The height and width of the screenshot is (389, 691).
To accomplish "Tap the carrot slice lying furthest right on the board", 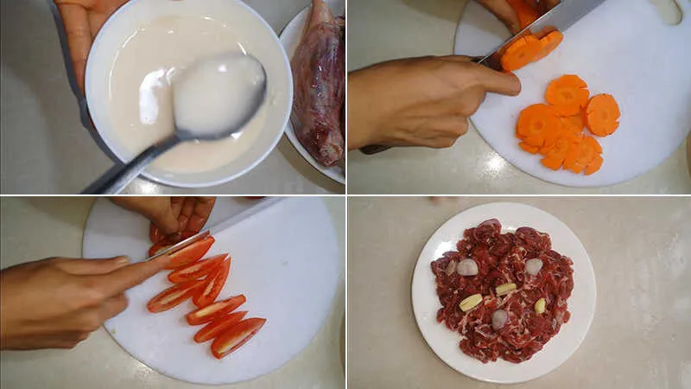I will click(602, 114).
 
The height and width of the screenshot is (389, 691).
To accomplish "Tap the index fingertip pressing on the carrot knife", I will click(510, 84).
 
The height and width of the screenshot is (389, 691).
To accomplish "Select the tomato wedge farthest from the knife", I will click(238, 336).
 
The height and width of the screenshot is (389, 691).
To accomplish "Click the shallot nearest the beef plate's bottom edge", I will click(499, 319).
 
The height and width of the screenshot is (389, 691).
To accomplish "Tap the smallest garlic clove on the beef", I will click(540, 305).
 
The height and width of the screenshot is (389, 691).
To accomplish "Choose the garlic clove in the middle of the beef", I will click(505, 289).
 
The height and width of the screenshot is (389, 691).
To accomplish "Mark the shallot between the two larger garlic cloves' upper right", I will click(534, 266).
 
